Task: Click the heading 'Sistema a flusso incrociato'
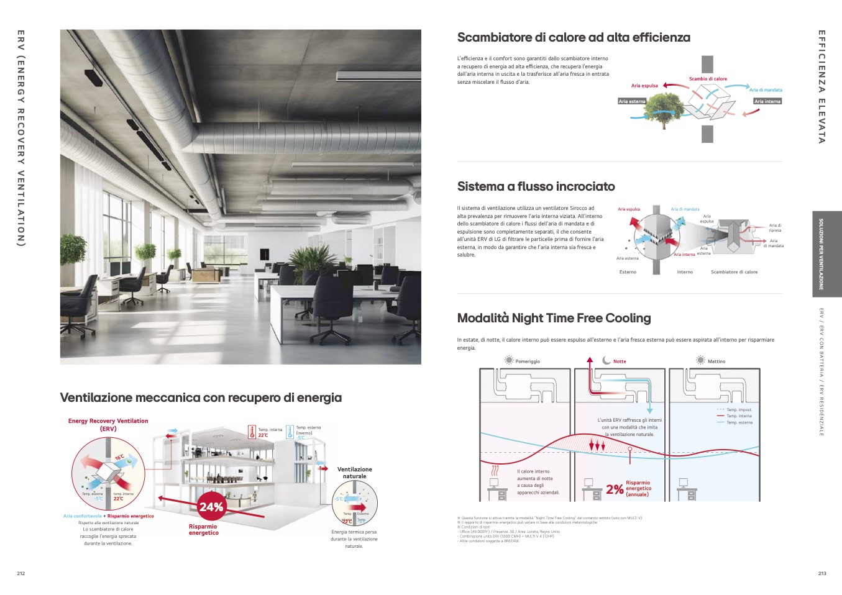536,186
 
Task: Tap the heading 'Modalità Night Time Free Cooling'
554,318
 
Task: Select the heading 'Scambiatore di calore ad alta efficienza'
574,37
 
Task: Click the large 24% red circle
211,507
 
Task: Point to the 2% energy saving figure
615,489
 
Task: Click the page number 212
21,573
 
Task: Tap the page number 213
822,573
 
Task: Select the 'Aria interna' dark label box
767,101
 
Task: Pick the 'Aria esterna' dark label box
632,101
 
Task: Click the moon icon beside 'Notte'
607,361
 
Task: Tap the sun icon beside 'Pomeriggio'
509,361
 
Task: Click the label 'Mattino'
716,361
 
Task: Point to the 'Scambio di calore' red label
708,79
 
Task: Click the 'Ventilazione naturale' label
354,473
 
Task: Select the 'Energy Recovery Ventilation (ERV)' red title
108,425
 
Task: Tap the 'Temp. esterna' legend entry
739,422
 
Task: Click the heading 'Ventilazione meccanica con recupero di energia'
201,397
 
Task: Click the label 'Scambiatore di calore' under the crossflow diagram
734,272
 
